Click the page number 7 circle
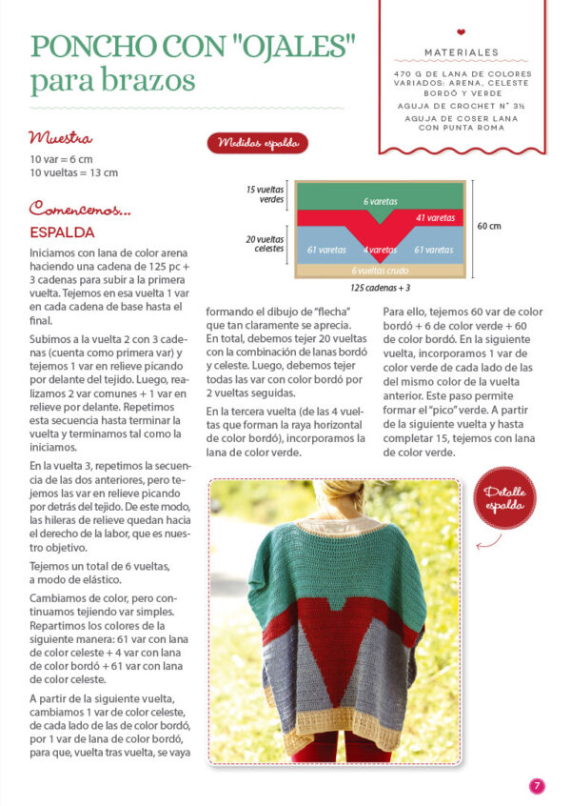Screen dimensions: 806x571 click(x=537, y=786)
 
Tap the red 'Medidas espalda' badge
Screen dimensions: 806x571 click(x=257, y=143)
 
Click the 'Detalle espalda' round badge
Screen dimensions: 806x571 click(x=504, y=497)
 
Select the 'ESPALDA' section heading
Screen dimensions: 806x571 click(x=61, y=232)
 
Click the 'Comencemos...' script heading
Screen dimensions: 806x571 click(x=80, y=208)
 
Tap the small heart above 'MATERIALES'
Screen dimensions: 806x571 click(x=462, y=31)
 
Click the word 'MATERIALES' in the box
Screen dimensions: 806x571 click(x=462, y=52)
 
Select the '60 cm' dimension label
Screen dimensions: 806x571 click(x=489, y=227)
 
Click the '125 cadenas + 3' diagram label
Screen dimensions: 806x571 click(x=380, y=287)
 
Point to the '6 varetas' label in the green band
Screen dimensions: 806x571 click(x=380, y=202)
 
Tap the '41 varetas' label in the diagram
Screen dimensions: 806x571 click(x=434, y=218)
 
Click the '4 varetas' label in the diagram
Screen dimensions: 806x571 click(x=380, y=250)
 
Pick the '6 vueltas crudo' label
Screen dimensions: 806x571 click(x=380, y=271)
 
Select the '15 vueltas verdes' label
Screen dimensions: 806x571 click(x=266, y=194)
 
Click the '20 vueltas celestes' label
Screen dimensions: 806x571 click(x=266, y=244)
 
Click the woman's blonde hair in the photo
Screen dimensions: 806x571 click(x=334, y=495)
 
